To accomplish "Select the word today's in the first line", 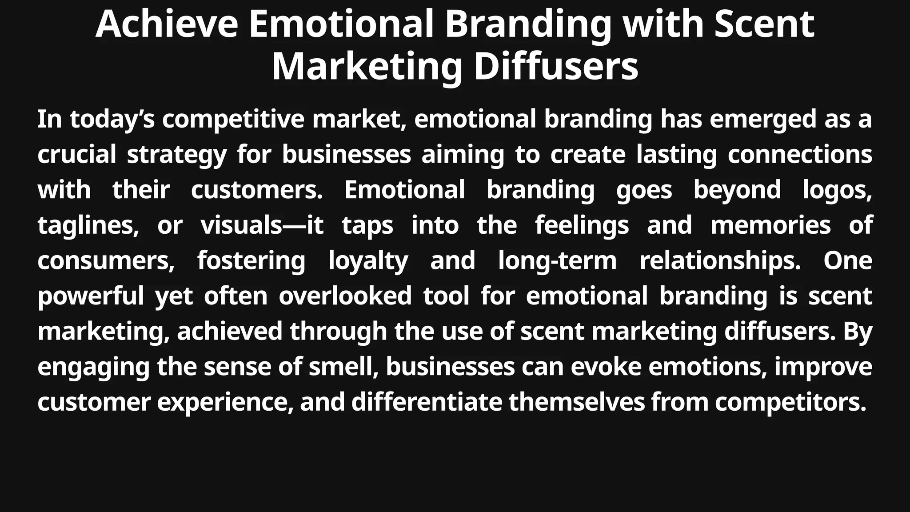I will (x=112, y=120).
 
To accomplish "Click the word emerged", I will (x=762, y=120).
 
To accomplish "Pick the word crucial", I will (x=76, y=155).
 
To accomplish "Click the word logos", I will (x=837, y=190).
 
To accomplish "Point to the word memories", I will (x=770, y=225).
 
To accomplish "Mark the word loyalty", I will (x=368, y=261).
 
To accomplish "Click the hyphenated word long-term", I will (x=557, y=261).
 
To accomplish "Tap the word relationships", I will (x=720, y=261).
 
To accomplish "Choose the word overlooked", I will (x=345, y=296).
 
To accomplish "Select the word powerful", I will (x=91, y=296).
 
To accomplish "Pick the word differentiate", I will (x=427, y=402).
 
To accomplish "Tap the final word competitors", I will (x=790, y=402).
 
